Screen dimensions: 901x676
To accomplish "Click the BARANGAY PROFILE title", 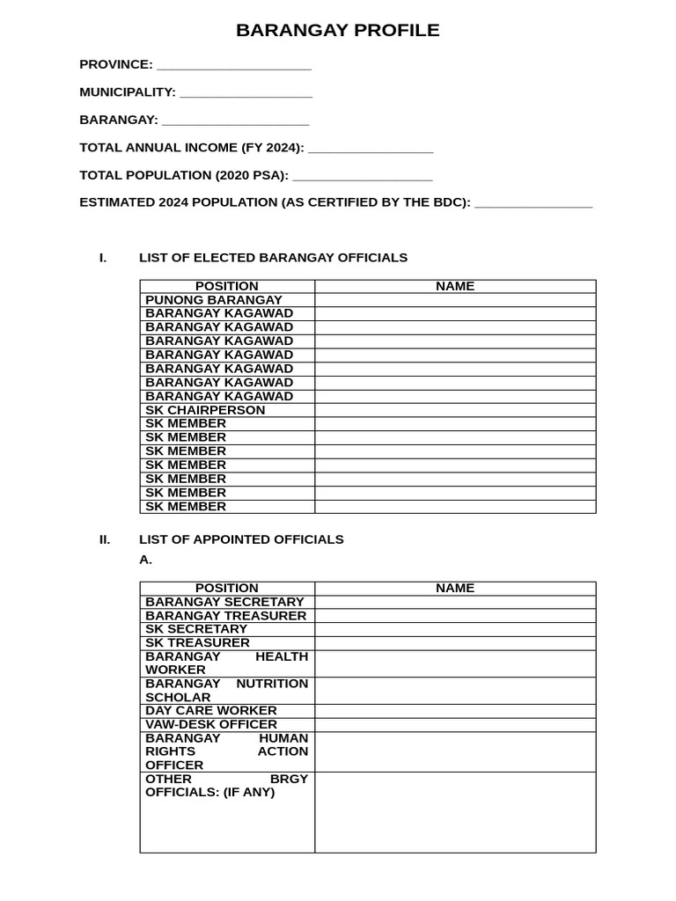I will tap(337, 31).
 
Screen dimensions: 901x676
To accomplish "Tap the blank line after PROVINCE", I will tap(233, 66).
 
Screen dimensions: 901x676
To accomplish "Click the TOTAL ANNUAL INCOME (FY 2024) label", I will tap(192, 148).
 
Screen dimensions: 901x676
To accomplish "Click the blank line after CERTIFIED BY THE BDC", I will tap(533, 204).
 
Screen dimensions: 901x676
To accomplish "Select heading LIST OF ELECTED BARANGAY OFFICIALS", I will tap(273, 258).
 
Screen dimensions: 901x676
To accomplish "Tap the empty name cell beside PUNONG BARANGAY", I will tap(455, 300).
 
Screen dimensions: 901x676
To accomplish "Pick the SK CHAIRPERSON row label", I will tap(205, 410).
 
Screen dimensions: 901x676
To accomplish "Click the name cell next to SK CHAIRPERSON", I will tap(455, 410).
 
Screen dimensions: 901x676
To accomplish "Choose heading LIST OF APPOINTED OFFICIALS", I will tap(241, 539).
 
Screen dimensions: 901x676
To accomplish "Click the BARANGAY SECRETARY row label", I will tap(224, 602).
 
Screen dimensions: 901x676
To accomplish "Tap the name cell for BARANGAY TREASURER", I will tap(455, 616).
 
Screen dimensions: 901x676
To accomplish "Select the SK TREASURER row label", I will tap(197, 643).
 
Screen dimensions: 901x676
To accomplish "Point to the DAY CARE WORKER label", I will tap(211, 711).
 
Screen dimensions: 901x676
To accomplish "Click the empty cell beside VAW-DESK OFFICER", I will tap(455, 725).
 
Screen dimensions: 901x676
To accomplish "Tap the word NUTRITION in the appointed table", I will tap(272, 684).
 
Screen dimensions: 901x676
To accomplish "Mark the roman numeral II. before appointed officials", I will tap(105, 539).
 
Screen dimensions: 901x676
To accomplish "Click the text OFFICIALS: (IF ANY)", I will tap(209, 793).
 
